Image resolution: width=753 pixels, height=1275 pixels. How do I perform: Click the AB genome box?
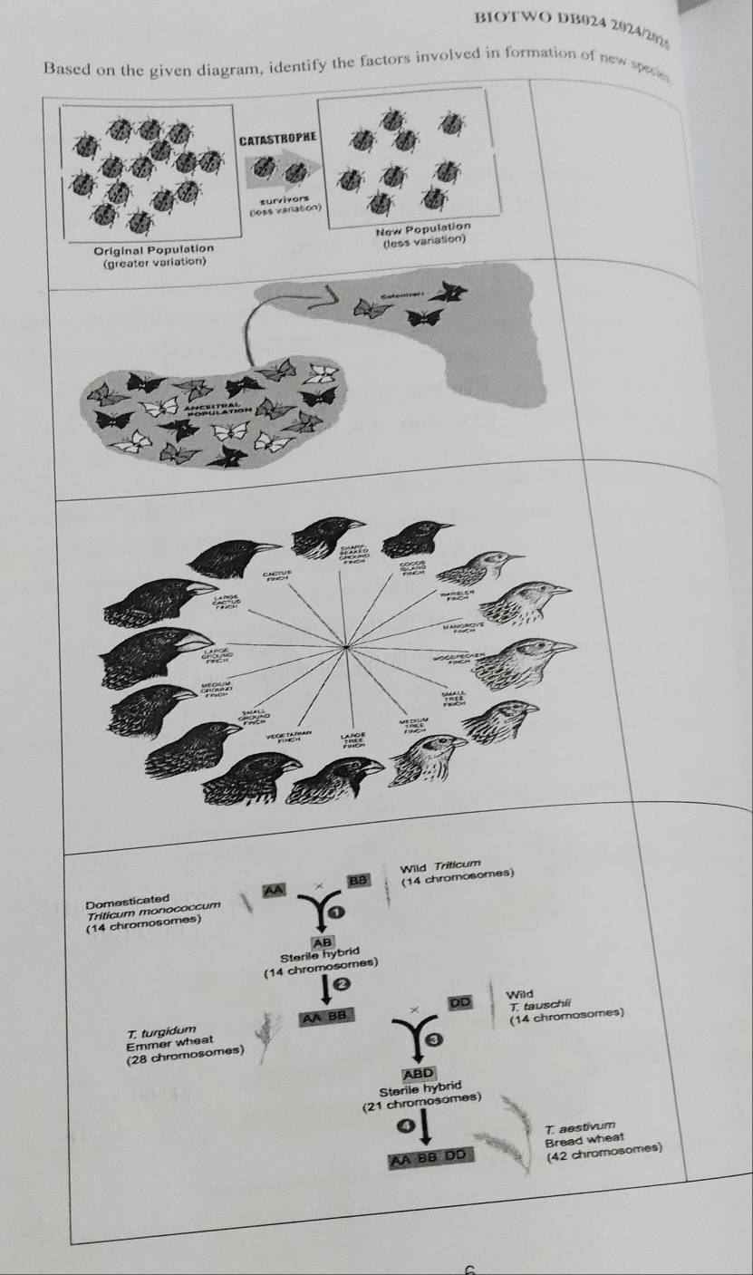pyautogui.click(x=323, y=941)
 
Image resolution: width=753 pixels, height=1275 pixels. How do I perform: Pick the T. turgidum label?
pyautogui.click(x=159, y=1030)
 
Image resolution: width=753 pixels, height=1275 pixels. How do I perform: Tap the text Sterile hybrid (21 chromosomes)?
pyautogui.click(x=420, y=1094)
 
